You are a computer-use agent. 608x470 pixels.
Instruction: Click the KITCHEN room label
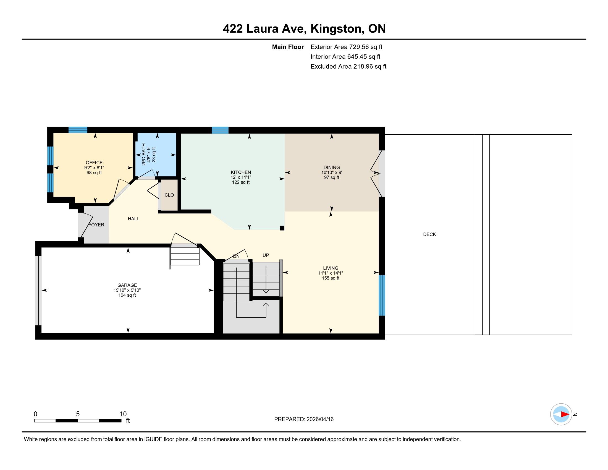(241, 172)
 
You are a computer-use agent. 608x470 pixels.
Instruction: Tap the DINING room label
(332, 167)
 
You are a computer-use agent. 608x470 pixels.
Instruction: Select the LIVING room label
(331, 268)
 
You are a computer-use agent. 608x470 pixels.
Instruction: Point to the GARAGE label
(127, 285)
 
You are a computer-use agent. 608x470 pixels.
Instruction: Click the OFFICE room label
(94, 163)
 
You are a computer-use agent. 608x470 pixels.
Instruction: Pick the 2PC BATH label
(144, 155)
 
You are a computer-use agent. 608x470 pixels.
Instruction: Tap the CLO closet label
(169, 195)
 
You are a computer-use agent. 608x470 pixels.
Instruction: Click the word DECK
(429, 234)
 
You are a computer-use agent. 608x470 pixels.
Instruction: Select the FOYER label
(96, 225)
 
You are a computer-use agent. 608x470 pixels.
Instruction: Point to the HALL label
(133, 219)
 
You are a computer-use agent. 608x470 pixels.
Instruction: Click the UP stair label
(266, 255)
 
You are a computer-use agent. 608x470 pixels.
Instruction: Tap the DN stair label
(236, 256)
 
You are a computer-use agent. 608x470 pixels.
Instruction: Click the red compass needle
(565, 414)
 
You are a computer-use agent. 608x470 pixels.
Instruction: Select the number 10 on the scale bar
(123, 414)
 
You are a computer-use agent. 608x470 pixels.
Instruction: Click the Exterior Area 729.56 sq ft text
(346, 47)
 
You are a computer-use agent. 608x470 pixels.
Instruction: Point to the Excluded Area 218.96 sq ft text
(348, 66)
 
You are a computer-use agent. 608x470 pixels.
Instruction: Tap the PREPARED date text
(304, 419)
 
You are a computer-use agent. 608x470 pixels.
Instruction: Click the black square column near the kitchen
(282, 228)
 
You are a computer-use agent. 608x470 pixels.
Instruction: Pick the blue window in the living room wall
(382, 295)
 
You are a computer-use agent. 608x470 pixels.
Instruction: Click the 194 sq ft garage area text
(127, 295)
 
